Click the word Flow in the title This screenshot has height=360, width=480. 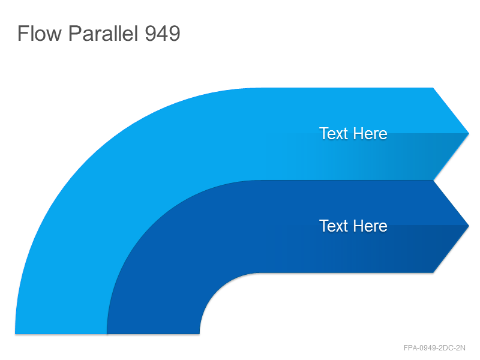coord(40,33)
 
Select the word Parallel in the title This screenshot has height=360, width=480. coord(103,33)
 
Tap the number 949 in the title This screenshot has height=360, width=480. coord(163,34)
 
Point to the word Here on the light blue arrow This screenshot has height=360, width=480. coord(371,133)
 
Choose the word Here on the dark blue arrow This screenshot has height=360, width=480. coord(371,226)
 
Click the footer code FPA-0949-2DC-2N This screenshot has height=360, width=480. coord(434,348)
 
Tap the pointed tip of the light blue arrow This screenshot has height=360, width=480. coord(469,133)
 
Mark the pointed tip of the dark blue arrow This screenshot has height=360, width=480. coord(469,226)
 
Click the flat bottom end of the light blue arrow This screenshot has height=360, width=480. coord(61,333)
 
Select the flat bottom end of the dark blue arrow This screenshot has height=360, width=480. coord(154,333)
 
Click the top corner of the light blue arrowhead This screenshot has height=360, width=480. coord(433,88)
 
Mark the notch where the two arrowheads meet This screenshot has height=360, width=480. coord(433,181)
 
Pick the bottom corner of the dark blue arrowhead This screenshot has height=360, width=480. coord(433,272)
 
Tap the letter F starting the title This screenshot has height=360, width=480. coord(22,34)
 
